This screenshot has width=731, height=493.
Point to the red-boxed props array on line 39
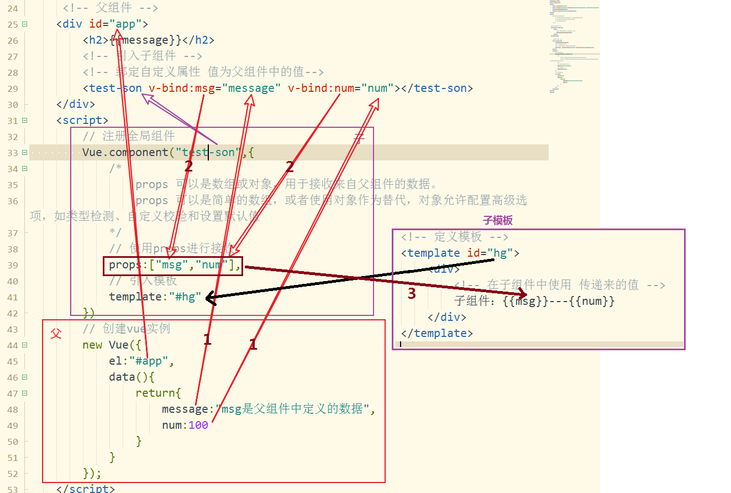coord(172,266)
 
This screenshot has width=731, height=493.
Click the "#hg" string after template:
coord(187,298)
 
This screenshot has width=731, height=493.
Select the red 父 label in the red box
coord(56,333)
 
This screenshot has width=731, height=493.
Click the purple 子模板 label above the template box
coord(497,221)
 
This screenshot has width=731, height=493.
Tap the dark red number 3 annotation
coord(411,294)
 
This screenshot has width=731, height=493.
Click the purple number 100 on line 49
coord(198,425)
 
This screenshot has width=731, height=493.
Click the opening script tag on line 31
coord(82,121)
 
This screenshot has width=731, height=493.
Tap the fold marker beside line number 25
coord(24,24)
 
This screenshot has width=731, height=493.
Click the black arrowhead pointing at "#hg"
coord(209,298)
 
